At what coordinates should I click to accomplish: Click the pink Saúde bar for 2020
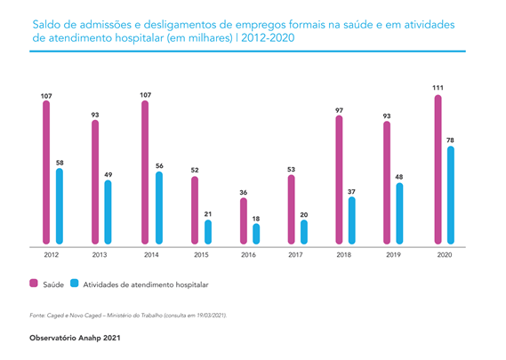(x=438, y=170)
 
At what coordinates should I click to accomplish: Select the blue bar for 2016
(x=256, y=234)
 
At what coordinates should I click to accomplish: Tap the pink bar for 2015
(x=195, y=211)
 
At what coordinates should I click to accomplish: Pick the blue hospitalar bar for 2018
(x=352, y=220)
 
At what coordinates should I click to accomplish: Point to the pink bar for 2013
(x=95, y=182)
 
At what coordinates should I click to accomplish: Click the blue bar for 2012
(x=60, y=206)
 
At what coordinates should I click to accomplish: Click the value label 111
(x=438, y=88)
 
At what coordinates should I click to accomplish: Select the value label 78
(x=450, y=140)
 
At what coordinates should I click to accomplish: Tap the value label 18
(x=256, y=219)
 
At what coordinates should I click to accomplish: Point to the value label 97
(x=339, y=110)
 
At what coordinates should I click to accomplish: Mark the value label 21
(x=208, y=214)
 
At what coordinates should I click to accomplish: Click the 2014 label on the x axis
(x=151, y=255)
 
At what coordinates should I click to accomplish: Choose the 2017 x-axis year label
(x=295, y=255)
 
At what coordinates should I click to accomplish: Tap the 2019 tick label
(x=393, y=255)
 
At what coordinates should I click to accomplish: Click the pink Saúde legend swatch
(x=34, y=284)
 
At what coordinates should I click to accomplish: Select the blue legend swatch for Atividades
(x=74, y=284)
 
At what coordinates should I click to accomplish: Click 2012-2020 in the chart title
(x=268, y=38)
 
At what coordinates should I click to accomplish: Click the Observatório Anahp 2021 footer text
(x=75, y=338)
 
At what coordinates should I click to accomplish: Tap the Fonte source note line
(x=128, y=316)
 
